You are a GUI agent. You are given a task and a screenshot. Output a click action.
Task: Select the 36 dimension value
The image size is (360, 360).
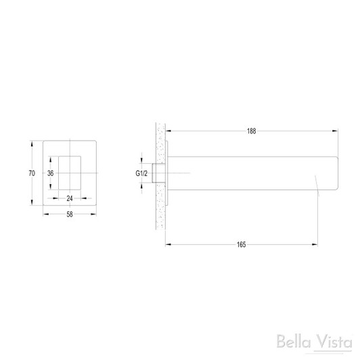tap(49, 173)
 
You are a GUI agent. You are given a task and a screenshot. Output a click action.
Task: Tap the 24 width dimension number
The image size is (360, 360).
tap(70, 199)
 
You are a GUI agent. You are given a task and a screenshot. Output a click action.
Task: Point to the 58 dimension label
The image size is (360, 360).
tap(70, 215)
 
